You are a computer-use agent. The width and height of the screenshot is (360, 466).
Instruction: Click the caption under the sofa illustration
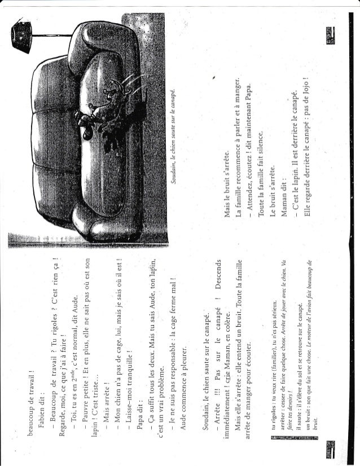click(176, 135)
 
